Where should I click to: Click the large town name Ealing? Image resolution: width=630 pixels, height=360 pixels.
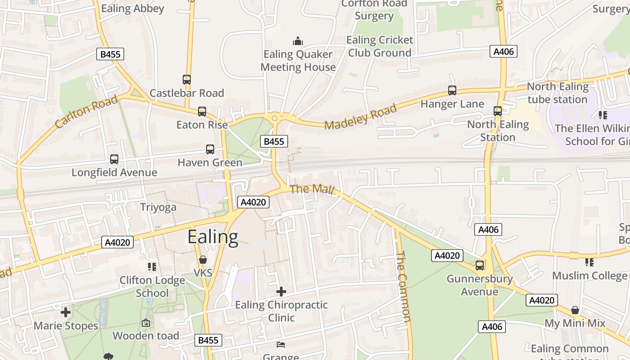point(212,237)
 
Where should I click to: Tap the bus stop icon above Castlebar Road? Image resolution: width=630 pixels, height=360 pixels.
point(187,80)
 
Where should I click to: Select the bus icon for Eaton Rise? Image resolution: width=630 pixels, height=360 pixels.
point(202,111)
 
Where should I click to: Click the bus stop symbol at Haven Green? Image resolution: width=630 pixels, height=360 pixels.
point(210,149)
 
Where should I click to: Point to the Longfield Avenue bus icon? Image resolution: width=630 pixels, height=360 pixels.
point(114,159)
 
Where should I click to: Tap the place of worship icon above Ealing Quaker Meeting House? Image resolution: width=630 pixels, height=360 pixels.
point(298,41)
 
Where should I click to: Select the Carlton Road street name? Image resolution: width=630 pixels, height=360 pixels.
point(86,111)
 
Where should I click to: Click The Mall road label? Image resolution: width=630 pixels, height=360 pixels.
point(312,189)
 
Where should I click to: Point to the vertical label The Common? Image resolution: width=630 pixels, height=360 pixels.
point(403,287)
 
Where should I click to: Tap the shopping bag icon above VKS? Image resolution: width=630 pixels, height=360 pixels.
point(203,260)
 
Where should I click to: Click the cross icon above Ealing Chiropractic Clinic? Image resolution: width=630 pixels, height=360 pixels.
point(281,292)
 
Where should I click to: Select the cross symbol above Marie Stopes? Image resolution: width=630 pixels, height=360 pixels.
point(66,312)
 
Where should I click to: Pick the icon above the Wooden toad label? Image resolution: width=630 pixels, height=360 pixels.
point(146,323)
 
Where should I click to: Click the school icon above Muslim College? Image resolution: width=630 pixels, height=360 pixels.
point(589,262)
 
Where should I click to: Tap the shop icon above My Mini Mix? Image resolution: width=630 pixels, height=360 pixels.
point(575,310)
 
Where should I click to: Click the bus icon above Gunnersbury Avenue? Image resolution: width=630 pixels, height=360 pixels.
point(480,265)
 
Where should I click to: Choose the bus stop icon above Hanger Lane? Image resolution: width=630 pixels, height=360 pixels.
point(452,90)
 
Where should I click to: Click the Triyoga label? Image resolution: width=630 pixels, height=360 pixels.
point(158,207)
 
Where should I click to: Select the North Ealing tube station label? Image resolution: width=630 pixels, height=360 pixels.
point(558,93)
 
